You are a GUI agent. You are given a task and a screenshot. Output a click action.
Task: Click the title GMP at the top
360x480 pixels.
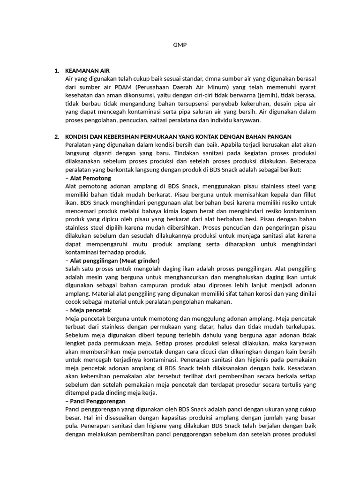coord(180,45)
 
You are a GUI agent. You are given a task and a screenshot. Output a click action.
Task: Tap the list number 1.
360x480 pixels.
coord(56,71)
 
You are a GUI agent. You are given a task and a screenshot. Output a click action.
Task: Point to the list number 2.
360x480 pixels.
coord(56,136)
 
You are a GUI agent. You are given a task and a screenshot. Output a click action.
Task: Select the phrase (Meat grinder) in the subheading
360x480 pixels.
coord(140,260)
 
